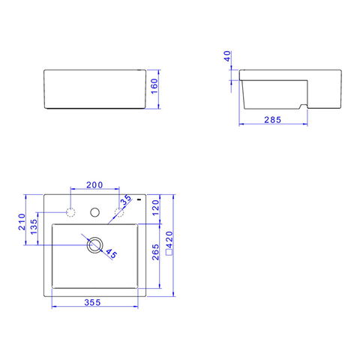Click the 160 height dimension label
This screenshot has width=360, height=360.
(x=154, y=86)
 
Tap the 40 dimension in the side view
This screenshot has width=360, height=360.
(x=227, y=56)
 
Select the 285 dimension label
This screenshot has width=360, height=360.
(x=273, y=120)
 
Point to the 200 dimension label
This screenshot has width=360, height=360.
(x=94, y=185)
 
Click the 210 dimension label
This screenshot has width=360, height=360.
(x=22, y=222)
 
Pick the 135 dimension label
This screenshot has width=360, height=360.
(x=34, y=226)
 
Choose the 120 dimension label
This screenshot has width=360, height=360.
(x=155, y=208)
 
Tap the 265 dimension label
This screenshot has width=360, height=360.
(x=155, y=252)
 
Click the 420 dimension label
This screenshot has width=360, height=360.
(x=169, y=239)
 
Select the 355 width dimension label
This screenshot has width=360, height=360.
(x=92, y=302)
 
